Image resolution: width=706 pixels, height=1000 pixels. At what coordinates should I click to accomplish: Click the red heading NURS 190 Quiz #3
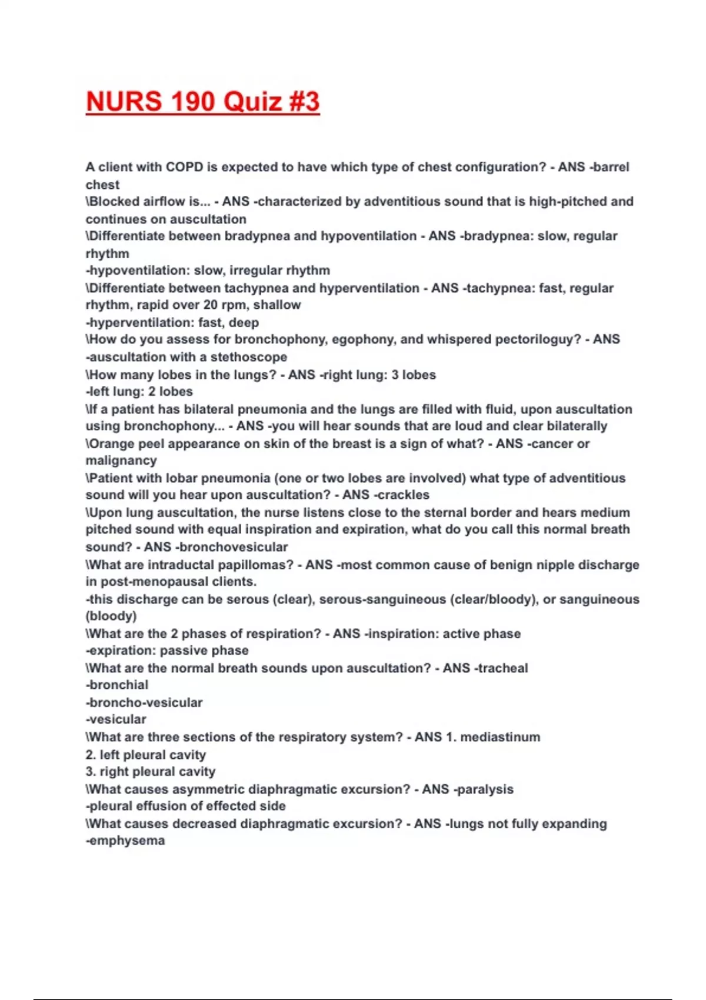click(x=203, y=101)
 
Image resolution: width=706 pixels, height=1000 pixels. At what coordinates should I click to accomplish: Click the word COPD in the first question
click(x=184, y=167)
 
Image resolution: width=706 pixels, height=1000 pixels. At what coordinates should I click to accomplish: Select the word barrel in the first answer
click(x=612, y=167)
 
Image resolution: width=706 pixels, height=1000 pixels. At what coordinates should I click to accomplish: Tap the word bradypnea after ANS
click(x=499, y=236)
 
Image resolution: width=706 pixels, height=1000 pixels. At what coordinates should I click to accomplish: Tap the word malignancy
click(x=121, y=461)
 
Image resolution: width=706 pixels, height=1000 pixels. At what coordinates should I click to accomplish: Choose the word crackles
click(x=404, y=495)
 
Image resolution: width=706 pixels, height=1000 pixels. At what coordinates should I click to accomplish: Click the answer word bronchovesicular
click(x=234, y=547)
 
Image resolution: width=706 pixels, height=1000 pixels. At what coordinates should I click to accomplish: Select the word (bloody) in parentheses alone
click(x=111, y=616)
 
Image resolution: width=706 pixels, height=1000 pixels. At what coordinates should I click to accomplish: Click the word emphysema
click(x=126, y=841)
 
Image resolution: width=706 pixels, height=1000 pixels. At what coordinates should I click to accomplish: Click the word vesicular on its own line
click(x=117, y=719)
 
